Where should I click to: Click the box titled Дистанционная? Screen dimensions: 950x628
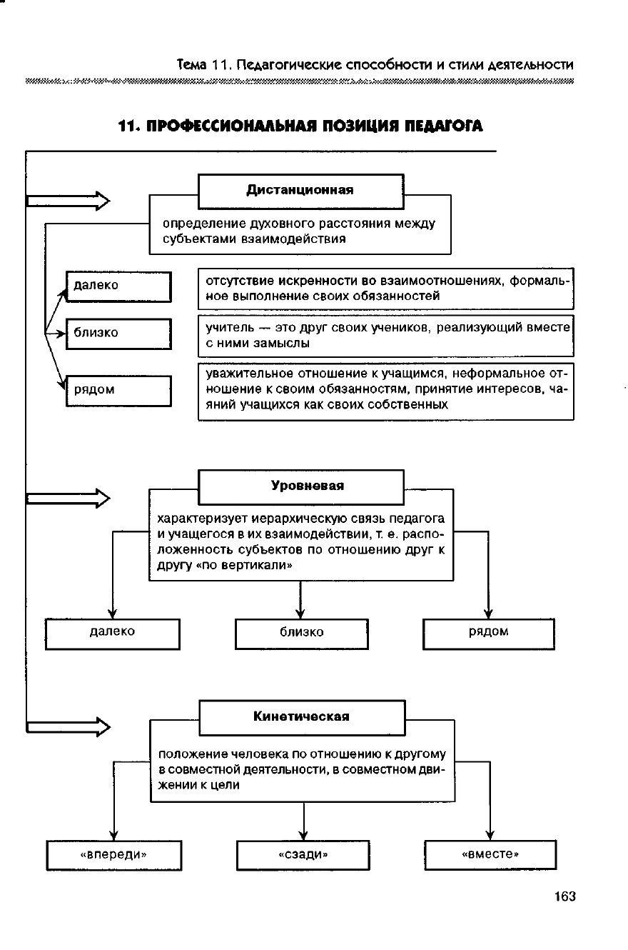[300, 191]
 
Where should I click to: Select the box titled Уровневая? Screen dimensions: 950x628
[300, 486]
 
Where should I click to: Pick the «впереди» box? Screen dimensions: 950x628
[113, 854]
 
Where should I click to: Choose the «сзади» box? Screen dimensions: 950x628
[303, 854]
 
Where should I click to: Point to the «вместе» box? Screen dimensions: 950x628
[490, 854]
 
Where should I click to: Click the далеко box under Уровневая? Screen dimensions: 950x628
[112, 633]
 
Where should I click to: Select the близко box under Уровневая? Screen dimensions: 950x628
[301, 633]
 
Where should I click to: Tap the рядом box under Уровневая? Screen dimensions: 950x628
[488, 633]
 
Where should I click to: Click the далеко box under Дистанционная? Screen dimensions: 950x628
[118, 286]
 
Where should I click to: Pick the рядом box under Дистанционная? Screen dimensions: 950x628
[118, 391]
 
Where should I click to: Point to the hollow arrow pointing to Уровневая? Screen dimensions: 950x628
[69, 497]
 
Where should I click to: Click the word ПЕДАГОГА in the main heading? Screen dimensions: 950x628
[443, 127]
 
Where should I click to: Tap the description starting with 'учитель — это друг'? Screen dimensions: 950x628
[385, 335]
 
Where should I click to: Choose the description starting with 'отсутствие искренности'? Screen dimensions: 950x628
[385, 288]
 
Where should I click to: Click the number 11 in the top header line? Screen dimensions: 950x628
[218, 65]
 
